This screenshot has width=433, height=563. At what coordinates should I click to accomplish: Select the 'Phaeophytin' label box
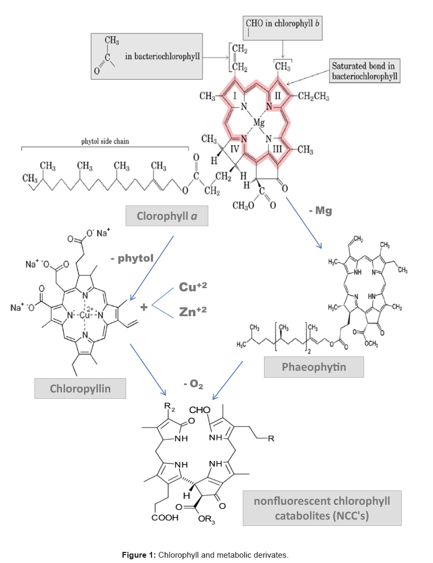314,367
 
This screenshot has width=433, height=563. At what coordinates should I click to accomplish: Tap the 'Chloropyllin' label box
80,389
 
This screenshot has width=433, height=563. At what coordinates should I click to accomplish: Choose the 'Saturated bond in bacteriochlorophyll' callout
365,72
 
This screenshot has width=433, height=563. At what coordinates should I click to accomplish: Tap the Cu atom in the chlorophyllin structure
85,314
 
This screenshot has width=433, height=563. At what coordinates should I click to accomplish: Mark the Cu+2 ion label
192,287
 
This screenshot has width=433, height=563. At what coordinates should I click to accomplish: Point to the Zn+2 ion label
192,312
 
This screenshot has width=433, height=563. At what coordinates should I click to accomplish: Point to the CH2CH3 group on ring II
314,96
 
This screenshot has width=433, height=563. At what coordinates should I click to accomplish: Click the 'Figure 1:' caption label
139,555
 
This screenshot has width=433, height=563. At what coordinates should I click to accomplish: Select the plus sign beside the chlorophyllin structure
144,306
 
